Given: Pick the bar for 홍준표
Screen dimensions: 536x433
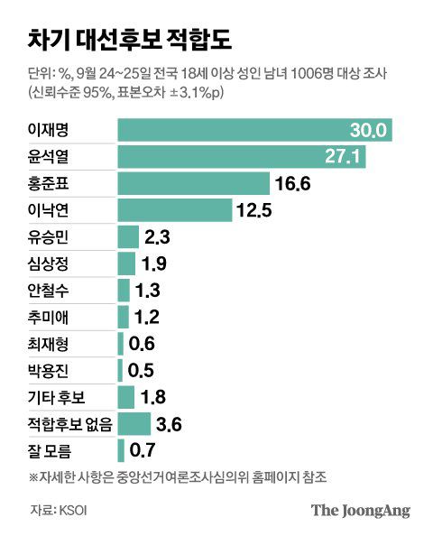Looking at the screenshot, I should (x=194, y=184).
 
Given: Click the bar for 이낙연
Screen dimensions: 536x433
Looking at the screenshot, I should (x=175, y=211).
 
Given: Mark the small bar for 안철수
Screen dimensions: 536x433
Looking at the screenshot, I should (x=124, y=291).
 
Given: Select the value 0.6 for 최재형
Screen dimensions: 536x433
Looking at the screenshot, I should (x=143, y=344).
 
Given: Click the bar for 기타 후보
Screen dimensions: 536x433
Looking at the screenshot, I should (x=126, y=397).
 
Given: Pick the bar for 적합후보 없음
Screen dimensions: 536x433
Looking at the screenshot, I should (x=134, y=423).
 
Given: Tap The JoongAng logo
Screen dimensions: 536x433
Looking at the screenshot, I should (x=361, y=511).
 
